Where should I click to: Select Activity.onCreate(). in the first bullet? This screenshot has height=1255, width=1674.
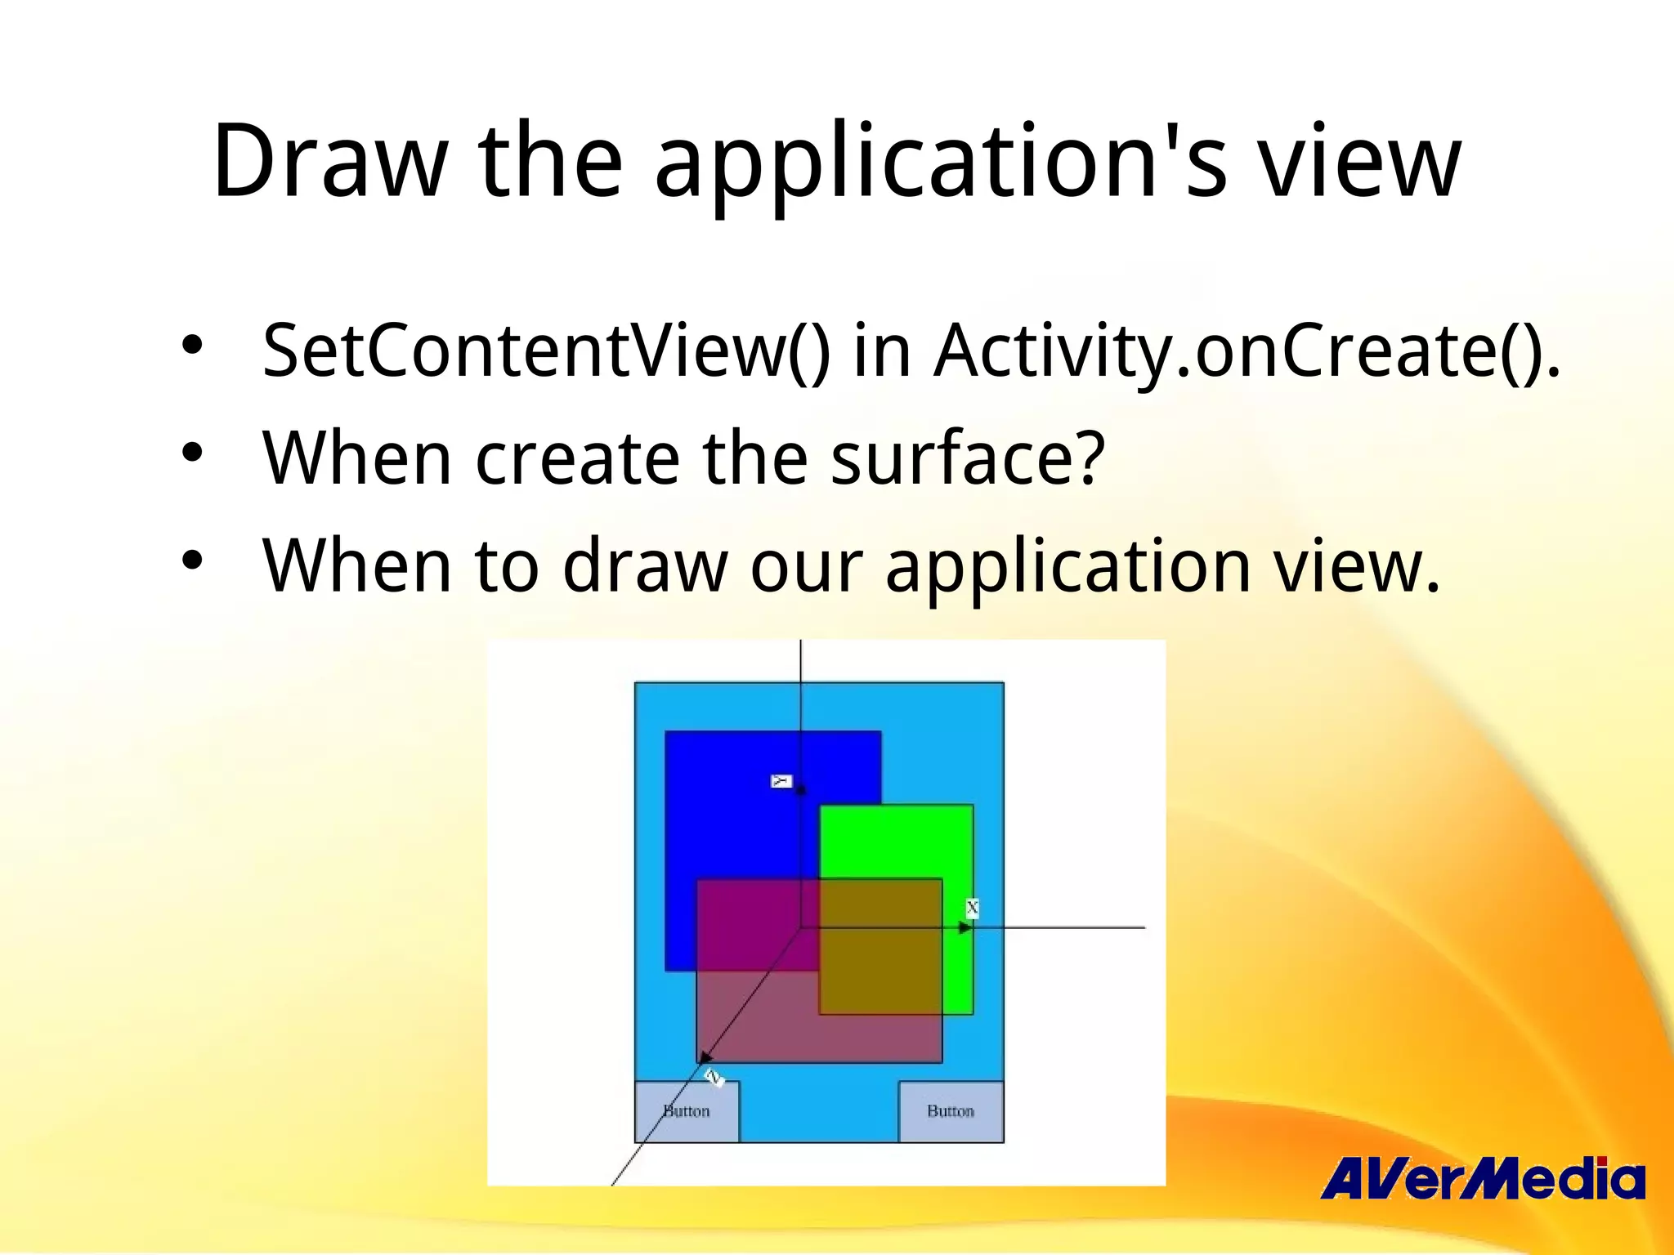click(1246, 351)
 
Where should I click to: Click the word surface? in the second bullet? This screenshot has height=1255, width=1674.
click(968, 458)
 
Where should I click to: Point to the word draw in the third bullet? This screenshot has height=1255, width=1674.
click(645, 565)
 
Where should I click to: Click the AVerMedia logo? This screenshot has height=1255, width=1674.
click(1482, 1179)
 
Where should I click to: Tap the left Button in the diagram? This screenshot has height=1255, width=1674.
click(687, 1111)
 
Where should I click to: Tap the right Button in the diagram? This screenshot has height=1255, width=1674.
click(951, 1111)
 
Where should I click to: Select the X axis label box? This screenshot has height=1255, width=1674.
click(972, 908)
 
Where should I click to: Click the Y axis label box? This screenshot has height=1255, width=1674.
click(781, 781)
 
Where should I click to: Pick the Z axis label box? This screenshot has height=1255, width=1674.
click(714, 1078)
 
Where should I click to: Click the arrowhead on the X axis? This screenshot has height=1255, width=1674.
click(965, 928)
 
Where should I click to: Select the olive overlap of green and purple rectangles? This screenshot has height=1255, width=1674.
click(880, 946)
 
